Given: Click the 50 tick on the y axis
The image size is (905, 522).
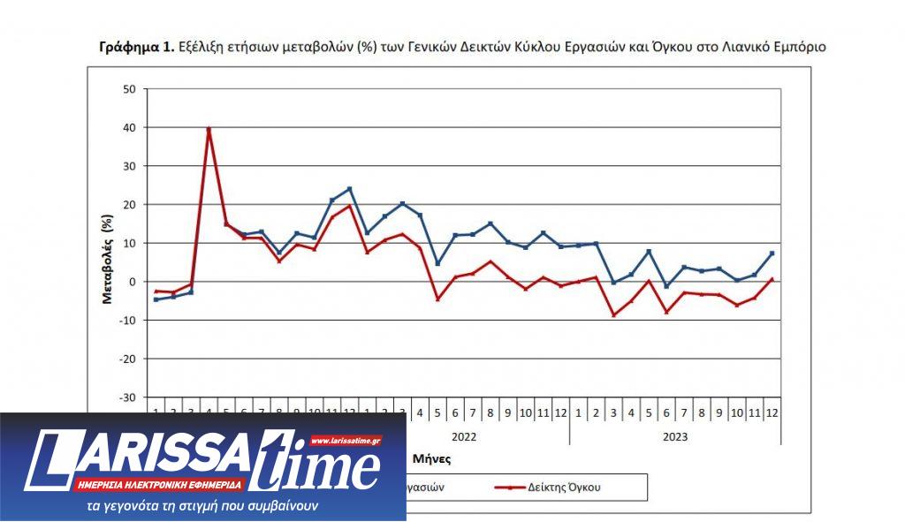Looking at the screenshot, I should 129,89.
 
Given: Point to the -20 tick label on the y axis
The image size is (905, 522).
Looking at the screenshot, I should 127,359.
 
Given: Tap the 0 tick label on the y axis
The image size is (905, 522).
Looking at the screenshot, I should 133,282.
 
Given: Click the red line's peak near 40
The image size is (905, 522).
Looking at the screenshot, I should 209,129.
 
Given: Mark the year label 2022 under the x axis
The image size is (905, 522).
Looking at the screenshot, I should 465,436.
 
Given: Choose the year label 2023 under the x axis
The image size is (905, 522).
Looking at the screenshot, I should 674,436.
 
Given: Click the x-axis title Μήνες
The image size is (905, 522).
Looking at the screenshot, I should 431,459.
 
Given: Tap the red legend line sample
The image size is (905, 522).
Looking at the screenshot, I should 513,486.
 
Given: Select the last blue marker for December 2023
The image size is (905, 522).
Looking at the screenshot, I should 772,253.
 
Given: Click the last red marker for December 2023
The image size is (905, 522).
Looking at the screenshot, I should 772,279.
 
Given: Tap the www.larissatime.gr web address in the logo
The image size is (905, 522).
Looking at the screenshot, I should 346,439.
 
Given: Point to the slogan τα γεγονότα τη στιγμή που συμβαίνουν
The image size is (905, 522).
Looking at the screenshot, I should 202,506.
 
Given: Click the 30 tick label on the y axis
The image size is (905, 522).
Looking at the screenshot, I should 129,166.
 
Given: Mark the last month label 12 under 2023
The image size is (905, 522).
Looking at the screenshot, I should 772,413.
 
